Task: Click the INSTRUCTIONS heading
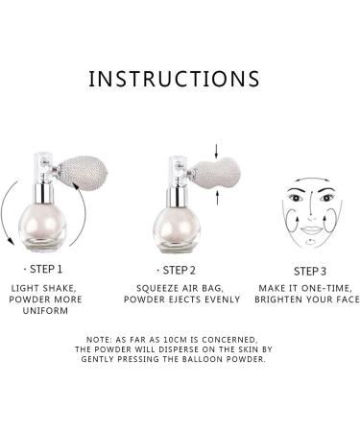(174, 79)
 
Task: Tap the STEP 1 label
(46, 269)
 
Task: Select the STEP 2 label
(179, 271)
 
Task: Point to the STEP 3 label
(310, 272)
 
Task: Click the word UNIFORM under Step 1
(45, 311)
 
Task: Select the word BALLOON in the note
(203, 359)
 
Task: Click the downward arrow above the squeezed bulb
(216, 151)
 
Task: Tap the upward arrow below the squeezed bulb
(217, 198)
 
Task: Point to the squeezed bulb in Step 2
(216, 174)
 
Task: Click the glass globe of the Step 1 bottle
(42, 227)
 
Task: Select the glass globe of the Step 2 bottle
(177, 228)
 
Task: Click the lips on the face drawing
(311, 229)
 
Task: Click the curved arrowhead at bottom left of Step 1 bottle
(11, 242)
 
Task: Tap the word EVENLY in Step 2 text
(223, 300)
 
